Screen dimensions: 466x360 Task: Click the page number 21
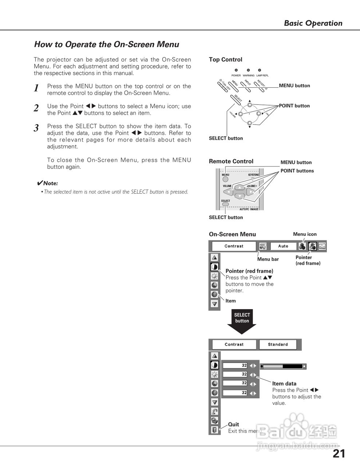[339, 454]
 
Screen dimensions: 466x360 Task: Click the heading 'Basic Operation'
[313, 23]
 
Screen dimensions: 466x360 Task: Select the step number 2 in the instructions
[36, 108]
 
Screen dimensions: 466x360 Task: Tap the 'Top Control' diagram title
[225, 60]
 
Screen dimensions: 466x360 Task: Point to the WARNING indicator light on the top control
[248, 70]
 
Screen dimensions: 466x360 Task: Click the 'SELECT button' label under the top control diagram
[226, 138]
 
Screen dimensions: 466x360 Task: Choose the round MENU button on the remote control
[226, 179]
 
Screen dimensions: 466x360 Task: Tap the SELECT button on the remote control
[226, 204]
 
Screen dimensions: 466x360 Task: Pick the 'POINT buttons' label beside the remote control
[297, 171]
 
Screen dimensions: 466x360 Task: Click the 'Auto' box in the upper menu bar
[283, 246]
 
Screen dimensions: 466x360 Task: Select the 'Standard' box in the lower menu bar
[278, 344]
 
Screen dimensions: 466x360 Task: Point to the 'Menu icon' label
[305, 234]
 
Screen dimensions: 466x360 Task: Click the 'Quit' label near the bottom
[233, 424]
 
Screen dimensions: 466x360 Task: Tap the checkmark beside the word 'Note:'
[40, 183]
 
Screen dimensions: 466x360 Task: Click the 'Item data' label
[284, 383]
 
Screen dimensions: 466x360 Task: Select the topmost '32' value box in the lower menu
[235, 365]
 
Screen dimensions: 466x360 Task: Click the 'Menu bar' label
[268, 259]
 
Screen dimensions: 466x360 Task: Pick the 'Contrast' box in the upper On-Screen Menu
[234, 246]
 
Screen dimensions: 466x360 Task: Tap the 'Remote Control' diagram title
[231, 161]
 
